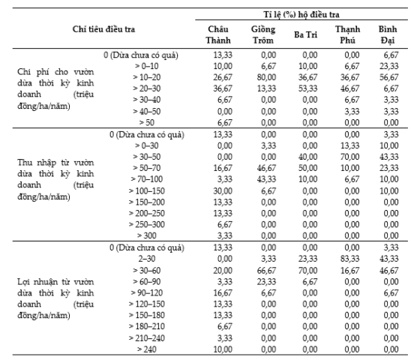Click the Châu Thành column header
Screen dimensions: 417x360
click(x=218, y=34)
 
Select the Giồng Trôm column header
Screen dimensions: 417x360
click(x=263, y=34)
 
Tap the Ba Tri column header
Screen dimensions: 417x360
click(x=305, y=34)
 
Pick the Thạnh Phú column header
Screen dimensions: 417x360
click(x=347, y=34)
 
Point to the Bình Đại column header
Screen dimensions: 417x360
click(x=388, y=34)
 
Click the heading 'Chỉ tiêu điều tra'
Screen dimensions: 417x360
click(x=103, y=29)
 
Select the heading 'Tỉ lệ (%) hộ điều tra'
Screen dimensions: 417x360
click(x=301, y=14)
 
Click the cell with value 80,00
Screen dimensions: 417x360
click(x=266, y=77)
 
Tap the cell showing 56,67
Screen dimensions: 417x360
click(x=388, y=77)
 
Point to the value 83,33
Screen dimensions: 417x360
click(x=349, y=259)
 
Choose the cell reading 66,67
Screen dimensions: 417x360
click(x=266, y=271)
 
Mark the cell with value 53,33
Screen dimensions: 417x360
click(x=307, y=88)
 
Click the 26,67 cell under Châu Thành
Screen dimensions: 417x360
click(x=223, y=77)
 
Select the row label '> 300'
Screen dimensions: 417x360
click(x=146, y=235)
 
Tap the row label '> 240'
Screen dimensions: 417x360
click(x=146, y=349)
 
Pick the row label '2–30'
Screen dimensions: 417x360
click(x=147, y=259)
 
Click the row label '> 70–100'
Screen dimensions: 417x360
click(x=147, y=179)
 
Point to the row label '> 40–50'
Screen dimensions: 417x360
click(x=147, y=111)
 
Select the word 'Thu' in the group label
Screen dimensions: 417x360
click(x=24, y=163)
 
